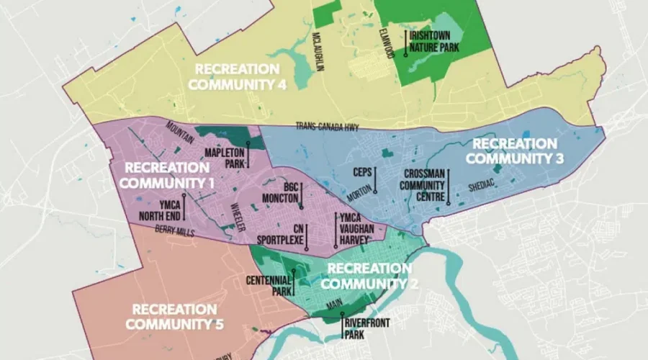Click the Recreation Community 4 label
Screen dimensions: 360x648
click(x=237, y=76)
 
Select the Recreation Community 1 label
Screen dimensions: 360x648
click(x=166, y=175)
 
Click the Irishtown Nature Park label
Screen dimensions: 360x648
click(x=434, y=41)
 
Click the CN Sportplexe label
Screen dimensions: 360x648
click(x=283, y=235)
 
